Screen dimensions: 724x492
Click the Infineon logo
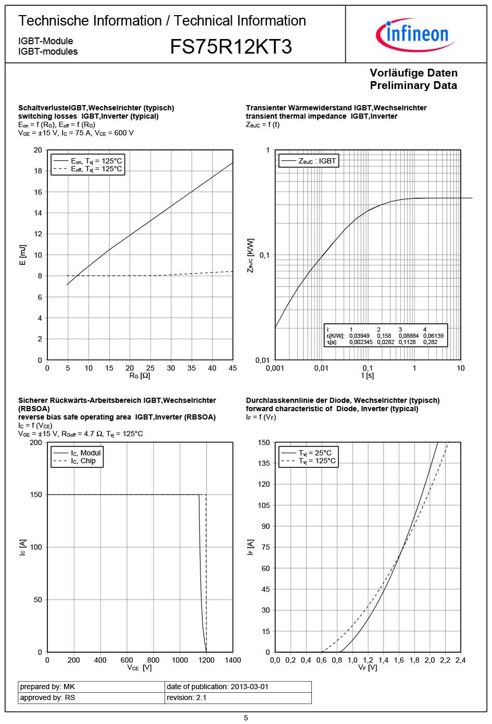[x=415, y=34]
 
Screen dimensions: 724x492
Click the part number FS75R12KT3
[x=231, y=47]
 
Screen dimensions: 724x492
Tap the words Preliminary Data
[x=413, y=85]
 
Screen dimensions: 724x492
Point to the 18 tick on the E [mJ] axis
[x=38, y=171]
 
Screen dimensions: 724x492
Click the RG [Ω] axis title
[x=140, y=375]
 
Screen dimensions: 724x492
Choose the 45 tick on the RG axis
[x=233, y=368]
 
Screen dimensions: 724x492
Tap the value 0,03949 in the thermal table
[x=359, y=336]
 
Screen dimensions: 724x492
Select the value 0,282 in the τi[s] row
[x=430, y=342]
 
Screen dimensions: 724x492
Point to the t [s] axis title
[x=368, y=375]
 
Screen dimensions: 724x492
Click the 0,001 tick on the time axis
[x=275, y=368]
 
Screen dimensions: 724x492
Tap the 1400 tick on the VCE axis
[x=233, y=660]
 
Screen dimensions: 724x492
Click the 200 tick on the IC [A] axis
[x=36, y=442]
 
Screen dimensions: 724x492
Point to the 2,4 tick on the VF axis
[x=460, y=660]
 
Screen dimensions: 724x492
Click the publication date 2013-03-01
[x=249, y=687]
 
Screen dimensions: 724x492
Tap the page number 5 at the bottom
[x=246, y=718]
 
